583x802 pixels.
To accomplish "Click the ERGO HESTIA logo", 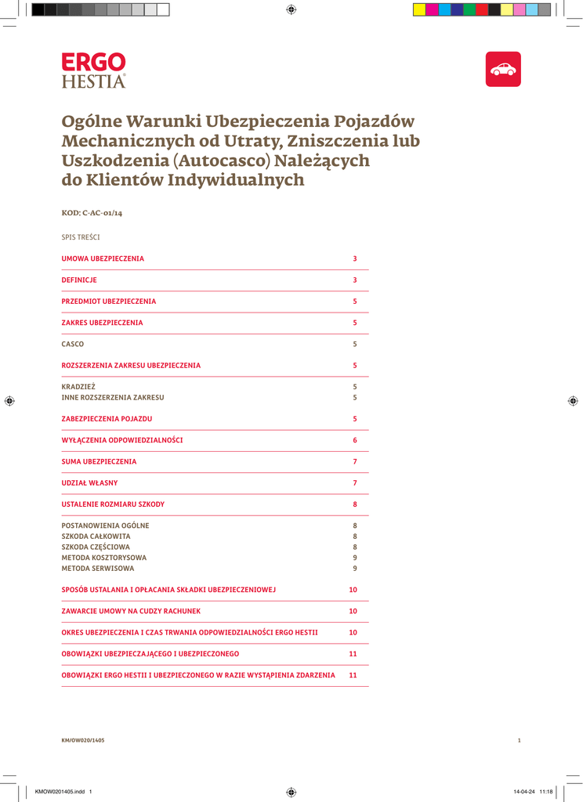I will (x=93, y=70).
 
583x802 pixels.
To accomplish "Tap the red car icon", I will (x=503, y=69).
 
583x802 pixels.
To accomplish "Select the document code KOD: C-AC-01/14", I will (x=92, y=213).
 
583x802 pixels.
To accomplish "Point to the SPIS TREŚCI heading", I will (x=81, y=237).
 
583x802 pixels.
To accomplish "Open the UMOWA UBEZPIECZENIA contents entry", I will (x=103, y=258).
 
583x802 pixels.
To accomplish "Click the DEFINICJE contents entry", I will (x=79, y=280).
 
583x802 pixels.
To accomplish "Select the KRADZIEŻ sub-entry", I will (x=78, y=387).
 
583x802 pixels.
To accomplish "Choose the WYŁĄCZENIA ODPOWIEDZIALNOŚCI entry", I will (x=122, y=440).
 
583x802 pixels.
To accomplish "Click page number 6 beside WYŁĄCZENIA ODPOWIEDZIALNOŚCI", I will (x=355, y=440).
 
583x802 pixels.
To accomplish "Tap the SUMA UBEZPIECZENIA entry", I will (x=99, y=461).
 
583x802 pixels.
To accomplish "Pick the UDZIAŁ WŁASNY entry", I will (x=89, y=482).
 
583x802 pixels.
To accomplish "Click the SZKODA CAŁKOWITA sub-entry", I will (x=96, y=536).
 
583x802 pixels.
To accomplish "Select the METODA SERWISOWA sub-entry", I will (x=98, y=568).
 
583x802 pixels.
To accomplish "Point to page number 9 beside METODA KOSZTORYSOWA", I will (x=355, y=557).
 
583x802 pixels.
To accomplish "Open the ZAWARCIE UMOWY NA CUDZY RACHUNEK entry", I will (x=131, y=610).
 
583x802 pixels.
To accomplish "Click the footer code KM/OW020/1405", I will (x=83, y=740).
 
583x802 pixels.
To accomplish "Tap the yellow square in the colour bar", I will (x=419, y=9).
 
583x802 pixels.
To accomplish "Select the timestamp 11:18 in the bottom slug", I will (x=546, y=792).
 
